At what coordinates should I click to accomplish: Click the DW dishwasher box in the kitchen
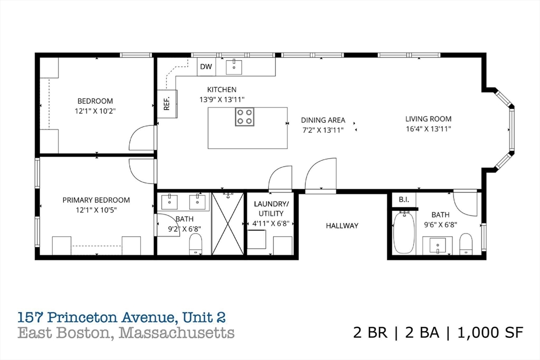[x=206, y=66]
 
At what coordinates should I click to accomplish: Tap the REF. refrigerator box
[x=167, y=104]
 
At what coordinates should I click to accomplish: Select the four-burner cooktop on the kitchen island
[x=244, y=116]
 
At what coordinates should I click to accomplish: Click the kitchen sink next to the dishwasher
[x=234, y=67]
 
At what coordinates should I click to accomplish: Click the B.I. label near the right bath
[x=404, y=200]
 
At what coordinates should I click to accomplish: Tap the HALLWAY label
[x=342, y=226]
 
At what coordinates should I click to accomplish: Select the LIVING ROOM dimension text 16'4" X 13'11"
[x=428, y=129]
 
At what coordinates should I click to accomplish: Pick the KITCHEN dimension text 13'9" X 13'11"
[x=221, y=99]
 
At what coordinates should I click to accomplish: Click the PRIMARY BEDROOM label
[x=96, y=200]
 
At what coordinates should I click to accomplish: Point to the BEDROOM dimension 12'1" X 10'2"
[x=95, y=111]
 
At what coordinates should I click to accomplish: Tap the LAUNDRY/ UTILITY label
[x=271, y=208]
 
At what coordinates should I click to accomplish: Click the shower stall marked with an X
[x=228, y=224]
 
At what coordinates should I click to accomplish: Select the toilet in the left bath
[x=196, y=245]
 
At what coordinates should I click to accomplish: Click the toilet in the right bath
[x=466, y=244]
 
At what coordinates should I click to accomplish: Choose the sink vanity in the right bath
[x=438, y=246]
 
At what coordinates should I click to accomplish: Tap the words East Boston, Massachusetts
[x=126, y=333]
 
